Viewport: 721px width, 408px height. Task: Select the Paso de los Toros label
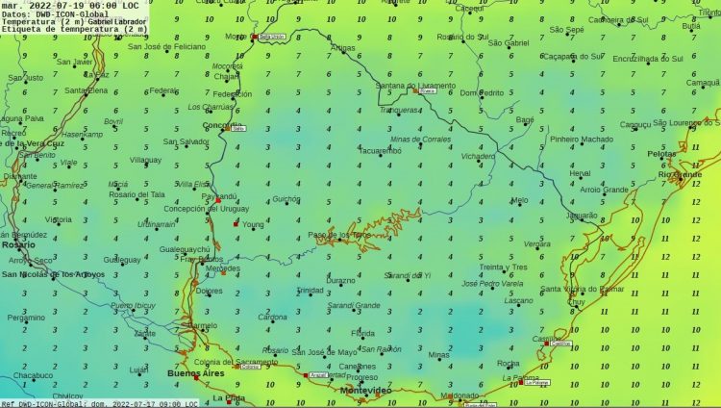pyautogui.click(x=338, y=235)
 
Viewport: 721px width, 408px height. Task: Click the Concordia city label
pyautogui.click(x=221, y=126)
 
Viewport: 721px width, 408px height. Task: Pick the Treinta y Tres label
pyautogui.click(x=504, y=267)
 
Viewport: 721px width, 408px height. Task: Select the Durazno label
pyautogui.click(x=341, y=280)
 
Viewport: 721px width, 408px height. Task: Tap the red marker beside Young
pyautogui.click(x=236, y=224)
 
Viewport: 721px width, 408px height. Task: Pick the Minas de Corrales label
pyautogui.click(x=420, y=140)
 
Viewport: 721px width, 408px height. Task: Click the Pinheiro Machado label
pyautogui.click(x=581, y=140)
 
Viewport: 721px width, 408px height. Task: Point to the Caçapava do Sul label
pyautogui.click(x=572, y=58)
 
